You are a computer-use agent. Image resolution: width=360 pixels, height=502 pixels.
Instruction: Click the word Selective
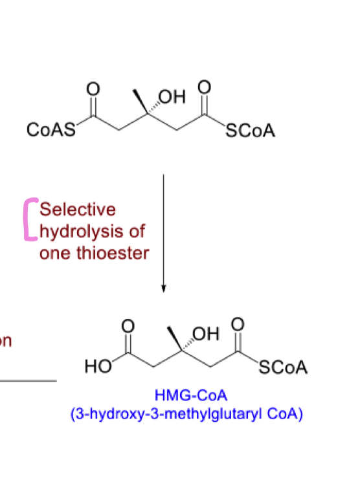click(x=78, y=210)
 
